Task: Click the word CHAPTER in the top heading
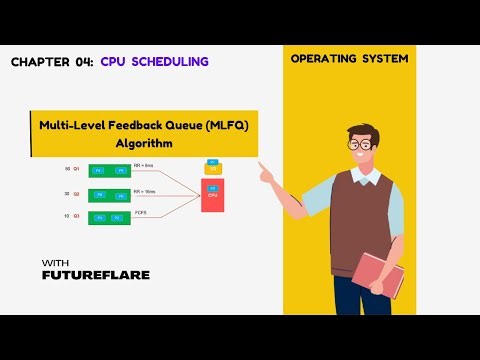[x=38, y=62]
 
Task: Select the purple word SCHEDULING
[x=170, y=62]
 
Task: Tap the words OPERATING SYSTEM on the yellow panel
[x=349, y=59]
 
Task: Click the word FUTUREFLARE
[x=96, y=274]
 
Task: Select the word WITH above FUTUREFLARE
[x=55, y=263]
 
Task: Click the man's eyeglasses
[x=361, y=144]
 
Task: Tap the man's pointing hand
[x=267, y=173]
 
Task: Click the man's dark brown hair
[x=362, y=128]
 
